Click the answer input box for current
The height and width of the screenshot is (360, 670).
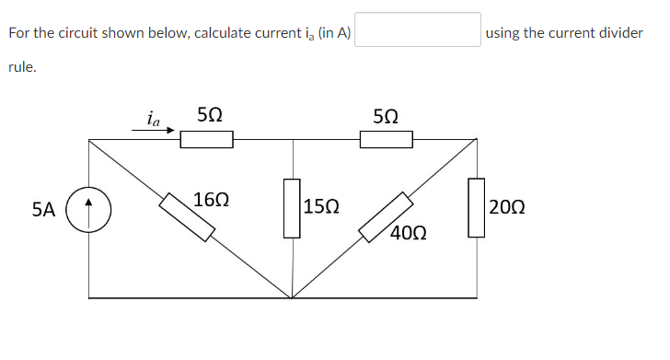pyautogui.click(x=418, y=29)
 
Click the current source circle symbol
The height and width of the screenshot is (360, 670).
pyautogui.click(x=89, y=209)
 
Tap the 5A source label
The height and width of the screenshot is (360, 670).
pyautogui.click(x=43, y=210)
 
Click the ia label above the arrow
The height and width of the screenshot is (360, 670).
pyautogui.click(x=153, y=118)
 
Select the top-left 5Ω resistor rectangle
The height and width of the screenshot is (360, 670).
pyautogui.click(x=206, y=140)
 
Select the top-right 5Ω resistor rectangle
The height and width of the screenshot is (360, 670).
pyautogui.click(x=386, y=140)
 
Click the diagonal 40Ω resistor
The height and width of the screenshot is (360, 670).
pyautogui.click(x=385, y=217)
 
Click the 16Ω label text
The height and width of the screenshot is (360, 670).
pyautogui.click(x=212, y=199)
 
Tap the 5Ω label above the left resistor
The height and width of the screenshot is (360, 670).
pyautogui.click(x=209, y=116)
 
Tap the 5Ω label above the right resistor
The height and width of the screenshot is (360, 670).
pyautogui.click(x=386, y=116)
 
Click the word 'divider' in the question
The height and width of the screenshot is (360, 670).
pyautogui.click(x=619, y=33)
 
